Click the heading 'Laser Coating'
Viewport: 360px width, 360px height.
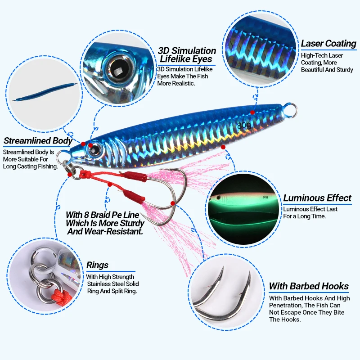328,44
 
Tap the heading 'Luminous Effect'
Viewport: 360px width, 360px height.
317,198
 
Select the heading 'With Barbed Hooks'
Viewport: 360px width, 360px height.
308,286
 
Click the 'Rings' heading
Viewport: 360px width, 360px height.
97,265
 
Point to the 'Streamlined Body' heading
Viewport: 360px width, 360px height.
38,141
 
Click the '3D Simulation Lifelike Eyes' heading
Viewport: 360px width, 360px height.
187,55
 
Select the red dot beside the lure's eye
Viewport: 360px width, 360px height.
90,145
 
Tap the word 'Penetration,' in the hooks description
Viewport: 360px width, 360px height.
288,305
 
